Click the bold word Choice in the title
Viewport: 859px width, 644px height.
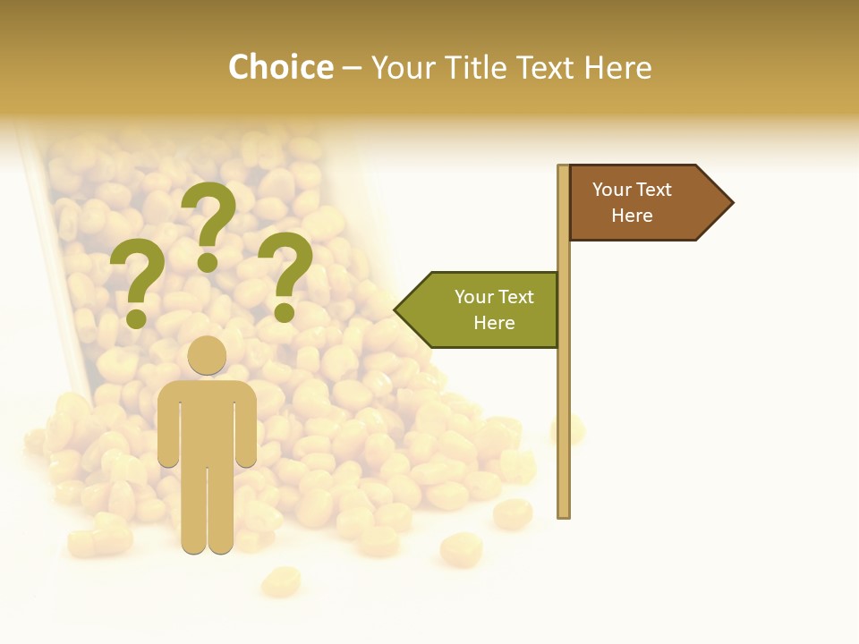point(280,67)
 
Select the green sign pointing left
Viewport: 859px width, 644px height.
point(483,309)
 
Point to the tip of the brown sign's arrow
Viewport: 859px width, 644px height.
point(731,203)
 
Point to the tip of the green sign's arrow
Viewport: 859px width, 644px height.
point(396,309)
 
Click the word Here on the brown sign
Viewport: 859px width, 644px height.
point(632,216)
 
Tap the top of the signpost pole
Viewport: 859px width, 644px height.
point(564,167)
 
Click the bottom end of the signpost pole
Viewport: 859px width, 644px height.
point(564,514)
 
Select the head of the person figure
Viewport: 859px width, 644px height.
point(207,355)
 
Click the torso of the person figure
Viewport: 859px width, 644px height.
point(207,420)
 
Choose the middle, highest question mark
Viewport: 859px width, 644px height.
point(208,224)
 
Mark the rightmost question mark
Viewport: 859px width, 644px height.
point(286,273)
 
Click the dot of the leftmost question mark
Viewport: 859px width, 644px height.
point(136,318)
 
